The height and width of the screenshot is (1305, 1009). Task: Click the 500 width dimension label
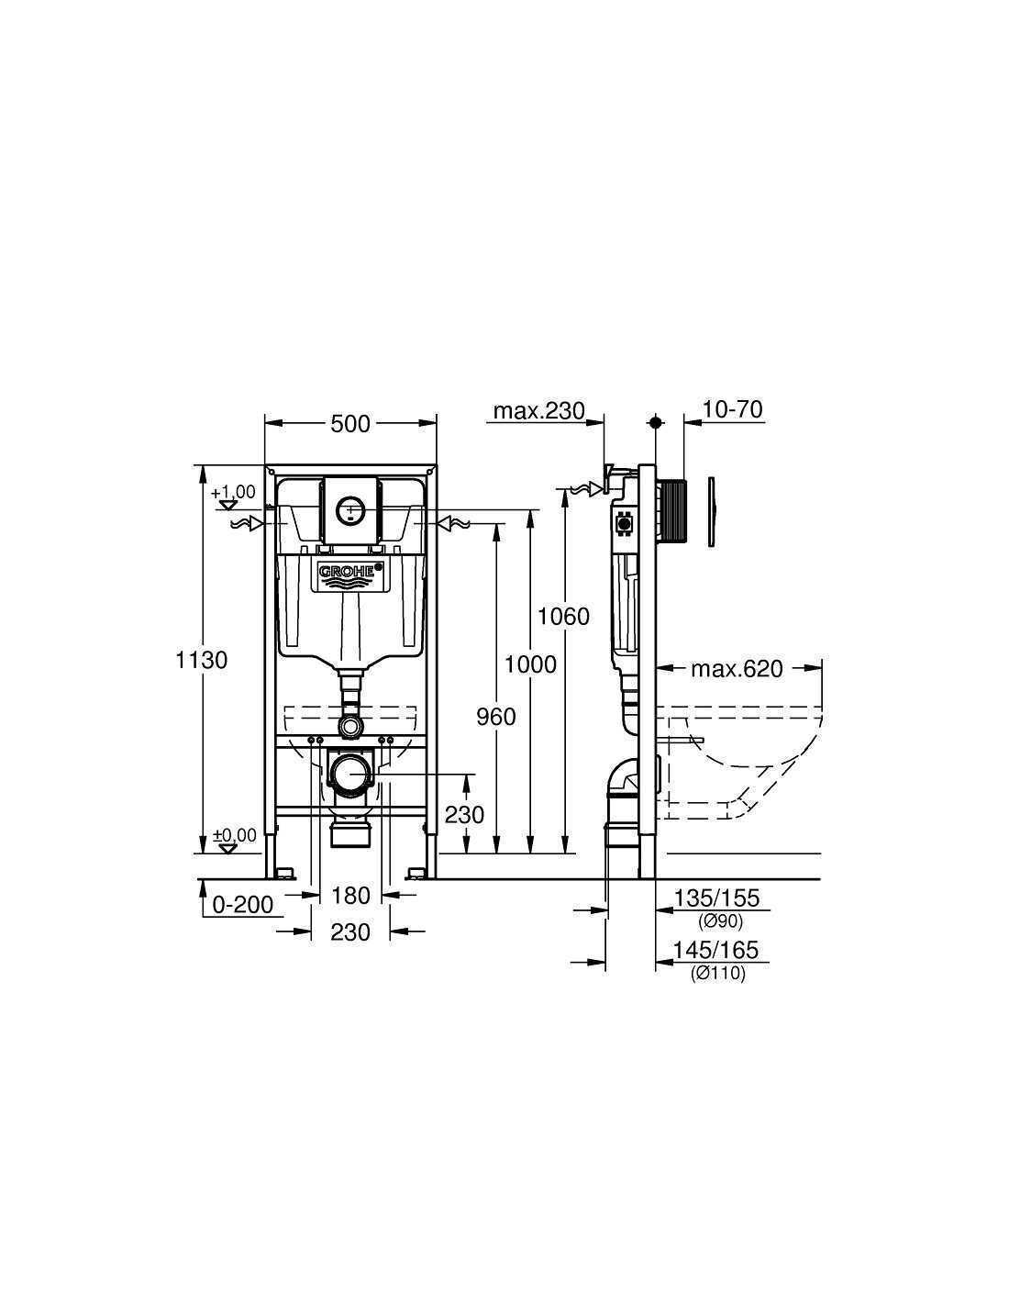click(x=350, y=424)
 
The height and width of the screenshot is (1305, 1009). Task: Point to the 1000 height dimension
click(x=530, y=664)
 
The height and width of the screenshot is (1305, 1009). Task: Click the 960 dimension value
click(x=496, y=717)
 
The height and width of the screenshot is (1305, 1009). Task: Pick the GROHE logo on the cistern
click(x=351, y=571)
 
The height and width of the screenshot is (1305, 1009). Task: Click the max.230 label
click(x=538, y=411)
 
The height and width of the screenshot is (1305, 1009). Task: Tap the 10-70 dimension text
click(x=732, y=409)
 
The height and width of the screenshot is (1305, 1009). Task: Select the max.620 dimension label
click(x=737, y=669)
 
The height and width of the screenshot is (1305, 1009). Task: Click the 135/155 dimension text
click(x=716, y=898)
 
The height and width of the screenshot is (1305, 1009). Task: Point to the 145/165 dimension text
click(x=715, y=950)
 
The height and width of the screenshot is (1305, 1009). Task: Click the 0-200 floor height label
click(x=243, y=904)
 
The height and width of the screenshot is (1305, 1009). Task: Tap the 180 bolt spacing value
click(x=351, y=896)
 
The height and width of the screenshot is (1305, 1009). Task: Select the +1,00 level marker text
click(x=234, y=492)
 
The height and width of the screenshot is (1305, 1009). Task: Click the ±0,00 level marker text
click(x=235, y=835)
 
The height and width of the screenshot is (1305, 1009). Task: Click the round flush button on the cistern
click(x=350, y=510)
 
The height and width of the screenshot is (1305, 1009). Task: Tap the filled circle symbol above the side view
click(x=656, y=422)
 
